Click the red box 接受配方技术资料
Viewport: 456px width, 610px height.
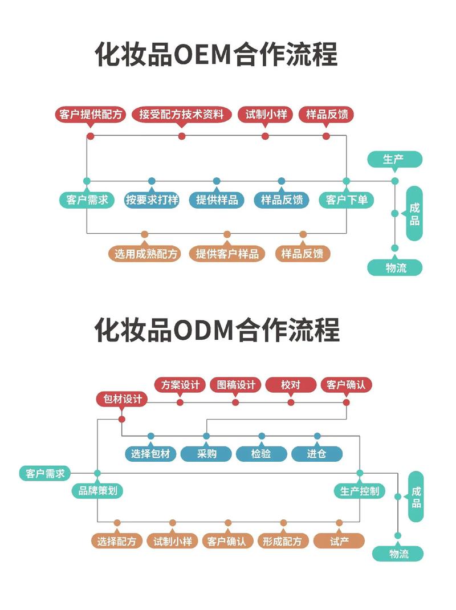click(x=182, y=114)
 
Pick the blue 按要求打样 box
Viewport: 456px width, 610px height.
click(x=152, y=200)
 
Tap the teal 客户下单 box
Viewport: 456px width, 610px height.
click(x=347, y=200)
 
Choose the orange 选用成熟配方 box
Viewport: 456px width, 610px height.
click(x=145, y=254)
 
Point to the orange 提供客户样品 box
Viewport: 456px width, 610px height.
click(x=227, y=254)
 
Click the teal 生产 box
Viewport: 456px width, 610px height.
click(x=394, y=159)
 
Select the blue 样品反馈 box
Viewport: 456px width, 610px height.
click(x=282, y=200)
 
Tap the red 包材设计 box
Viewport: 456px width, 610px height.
click(x=121, y=399)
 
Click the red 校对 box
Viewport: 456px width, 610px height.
click(x=291, y=385)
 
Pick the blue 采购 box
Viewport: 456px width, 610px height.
click(x=206, y=454)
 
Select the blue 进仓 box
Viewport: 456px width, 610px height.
click(x=317, y=454)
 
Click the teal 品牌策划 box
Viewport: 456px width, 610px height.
click(x=97, y=490)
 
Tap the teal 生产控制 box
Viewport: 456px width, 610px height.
click(x=360, y=490)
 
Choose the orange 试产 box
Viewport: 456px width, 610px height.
click(x=339, y=541)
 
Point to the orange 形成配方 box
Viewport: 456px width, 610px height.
click(x=283, y=541)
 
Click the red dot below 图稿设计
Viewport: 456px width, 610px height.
click(x=235, y=402)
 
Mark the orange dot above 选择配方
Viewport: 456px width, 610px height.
click(x=117, y=523)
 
